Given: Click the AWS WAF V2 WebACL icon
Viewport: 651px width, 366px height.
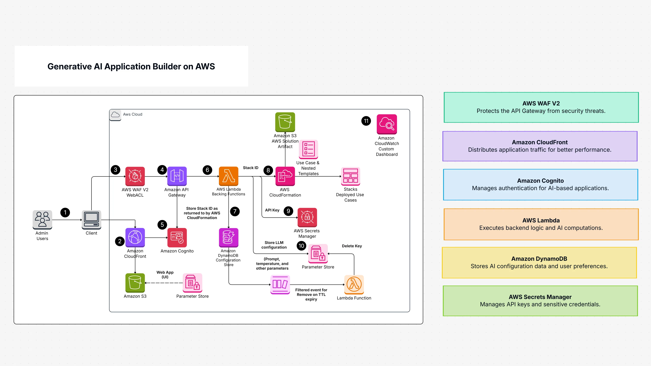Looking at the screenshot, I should click(135, 176).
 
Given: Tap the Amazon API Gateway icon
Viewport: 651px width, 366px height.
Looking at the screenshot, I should click(177, 176).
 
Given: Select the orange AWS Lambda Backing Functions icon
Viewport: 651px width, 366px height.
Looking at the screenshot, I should click(228, 176).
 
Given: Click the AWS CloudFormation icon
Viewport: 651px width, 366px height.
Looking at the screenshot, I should click(285, 176).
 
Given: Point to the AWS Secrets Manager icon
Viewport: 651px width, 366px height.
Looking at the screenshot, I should click(307, 217).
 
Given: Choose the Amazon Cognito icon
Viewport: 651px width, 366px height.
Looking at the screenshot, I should click(177, 237).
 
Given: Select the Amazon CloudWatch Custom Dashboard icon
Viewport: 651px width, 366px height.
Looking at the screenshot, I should click(387, 124).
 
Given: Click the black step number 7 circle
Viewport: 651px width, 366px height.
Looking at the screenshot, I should click(235, 211).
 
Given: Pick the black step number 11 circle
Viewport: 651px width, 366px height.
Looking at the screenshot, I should click(366, 121).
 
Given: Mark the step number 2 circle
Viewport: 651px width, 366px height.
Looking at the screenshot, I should click(120, 241).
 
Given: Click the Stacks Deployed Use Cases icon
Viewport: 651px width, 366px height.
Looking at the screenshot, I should click(350, 176).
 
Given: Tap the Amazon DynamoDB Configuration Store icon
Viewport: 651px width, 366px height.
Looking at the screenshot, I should click(228, 237).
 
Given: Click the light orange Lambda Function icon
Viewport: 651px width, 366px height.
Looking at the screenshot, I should click(354, 284).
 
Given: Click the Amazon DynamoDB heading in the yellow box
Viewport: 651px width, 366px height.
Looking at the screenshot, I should click(539, 259).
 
